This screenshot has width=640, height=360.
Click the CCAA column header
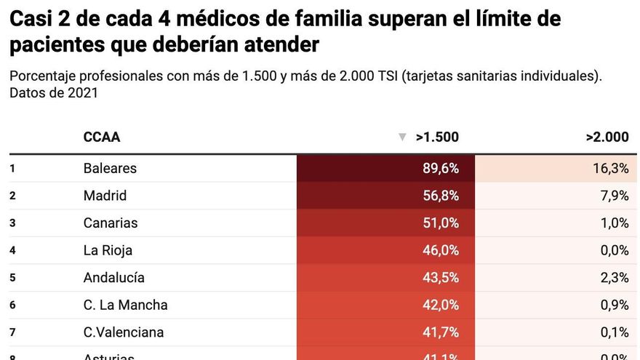102,137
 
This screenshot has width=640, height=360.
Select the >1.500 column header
437,137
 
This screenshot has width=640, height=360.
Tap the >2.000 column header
607,137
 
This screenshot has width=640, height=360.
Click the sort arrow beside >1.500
402,137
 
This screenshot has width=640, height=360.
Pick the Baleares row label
110,168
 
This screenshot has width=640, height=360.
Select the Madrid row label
105,196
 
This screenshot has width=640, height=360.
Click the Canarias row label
111,223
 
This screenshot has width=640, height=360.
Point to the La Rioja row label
108,250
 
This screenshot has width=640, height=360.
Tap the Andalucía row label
113,278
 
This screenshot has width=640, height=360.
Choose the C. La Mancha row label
125,305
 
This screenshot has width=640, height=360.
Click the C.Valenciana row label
124,332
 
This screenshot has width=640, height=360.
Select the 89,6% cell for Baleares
441,168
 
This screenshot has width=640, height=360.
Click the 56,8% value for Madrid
441,196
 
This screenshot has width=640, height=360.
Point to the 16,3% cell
610,168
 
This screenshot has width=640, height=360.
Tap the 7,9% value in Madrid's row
614,196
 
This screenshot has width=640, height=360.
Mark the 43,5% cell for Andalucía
441,278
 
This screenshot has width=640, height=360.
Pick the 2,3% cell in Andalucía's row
614,278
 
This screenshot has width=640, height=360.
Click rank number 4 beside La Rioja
13,250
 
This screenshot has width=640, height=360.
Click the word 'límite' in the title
498,18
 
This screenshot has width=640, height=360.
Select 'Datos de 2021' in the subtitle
54,93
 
